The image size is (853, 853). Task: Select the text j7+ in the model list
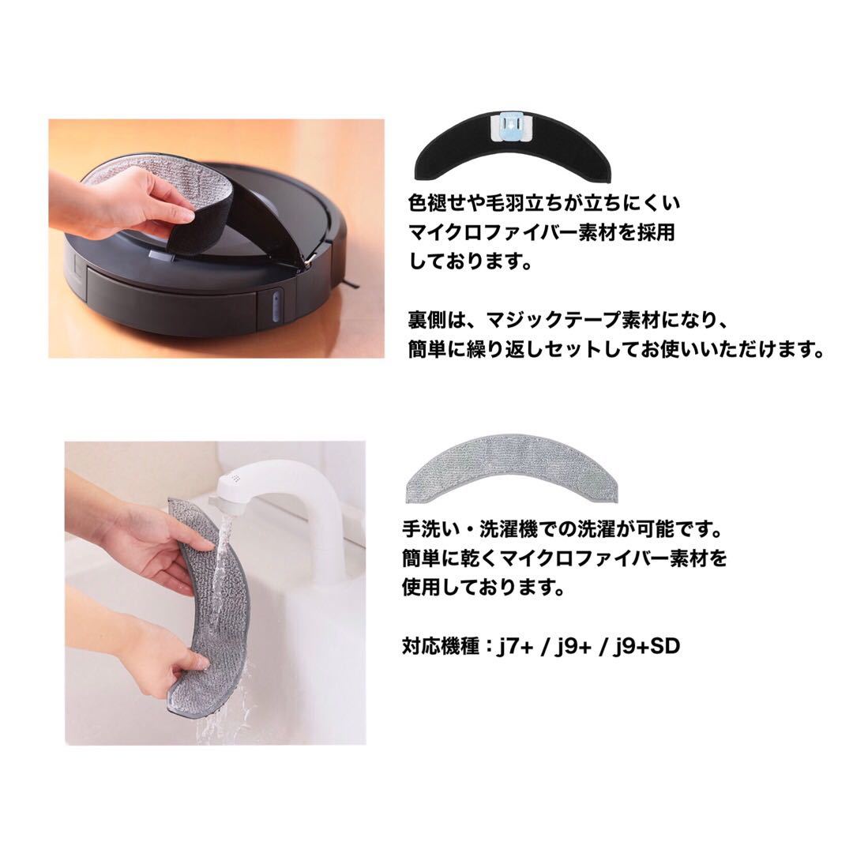tap(520, 647)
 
